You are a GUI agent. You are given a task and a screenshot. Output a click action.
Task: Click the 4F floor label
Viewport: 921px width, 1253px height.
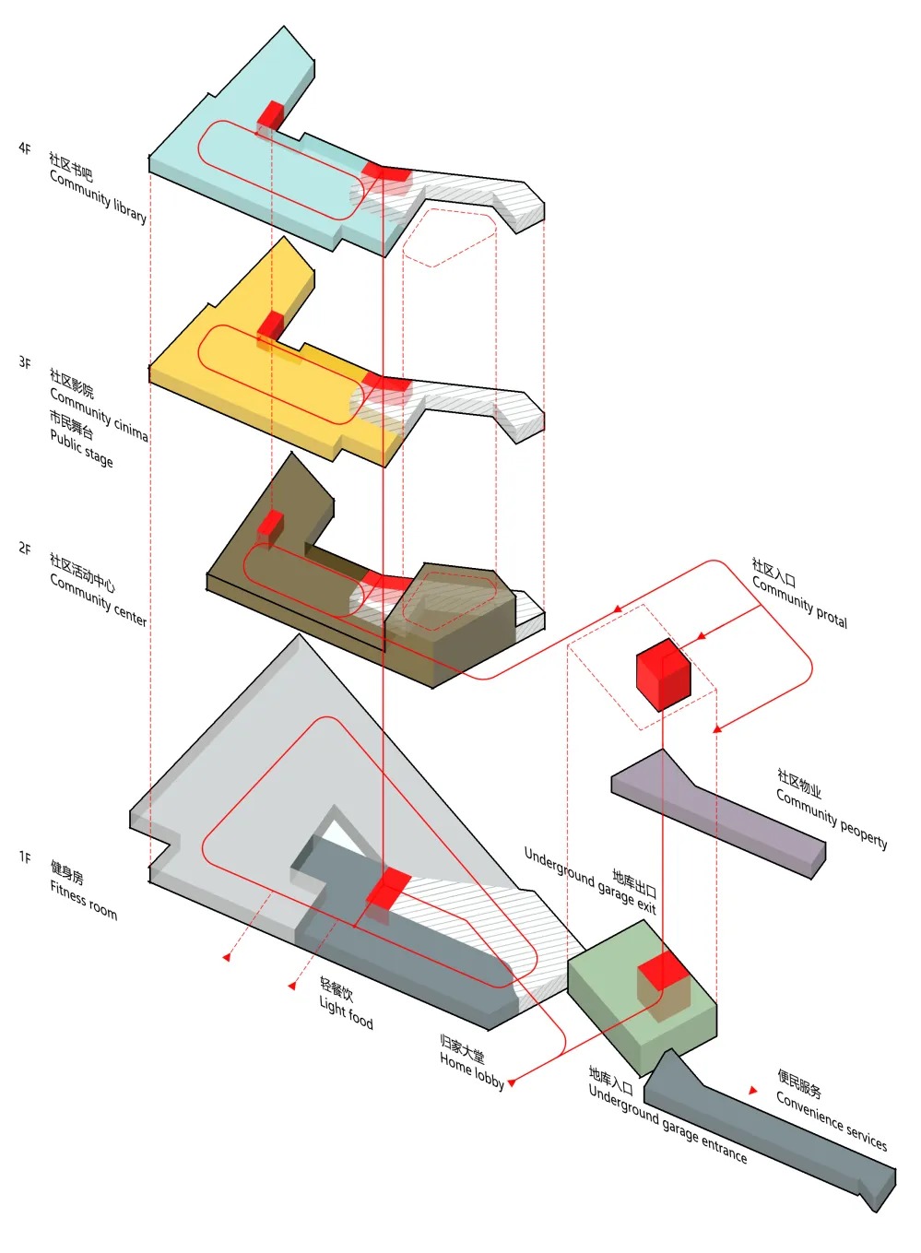[25, 148]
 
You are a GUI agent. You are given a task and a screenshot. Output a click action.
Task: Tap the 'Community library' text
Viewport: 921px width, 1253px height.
[98, 196]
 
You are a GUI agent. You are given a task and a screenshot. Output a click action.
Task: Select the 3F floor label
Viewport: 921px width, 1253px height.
[25, 362]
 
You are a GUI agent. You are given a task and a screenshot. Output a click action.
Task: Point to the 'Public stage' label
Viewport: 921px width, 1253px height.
[81, 448]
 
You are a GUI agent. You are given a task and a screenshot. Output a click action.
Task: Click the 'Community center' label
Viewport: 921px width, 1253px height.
[98, 598]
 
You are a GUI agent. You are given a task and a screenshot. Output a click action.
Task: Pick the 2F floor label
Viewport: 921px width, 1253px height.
[25, 549]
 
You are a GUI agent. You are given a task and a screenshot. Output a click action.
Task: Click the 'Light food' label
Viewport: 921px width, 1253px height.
[346, 1012]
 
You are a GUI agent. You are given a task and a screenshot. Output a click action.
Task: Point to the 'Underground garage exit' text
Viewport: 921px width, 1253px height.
[590, 881]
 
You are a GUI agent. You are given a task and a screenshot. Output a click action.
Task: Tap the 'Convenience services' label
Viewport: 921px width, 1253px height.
[831, 1120]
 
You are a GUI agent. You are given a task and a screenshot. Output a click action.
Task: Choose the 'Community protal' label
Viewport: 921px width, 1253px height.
[799, 603]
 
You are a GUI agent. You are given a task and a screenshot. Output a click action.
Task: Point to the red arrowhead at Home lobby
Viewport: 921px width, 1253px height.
[512, 1082]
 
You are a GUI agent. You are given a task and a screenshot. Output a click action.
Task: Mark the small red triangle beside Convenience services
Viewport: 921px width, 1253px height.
[753, 1091]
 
